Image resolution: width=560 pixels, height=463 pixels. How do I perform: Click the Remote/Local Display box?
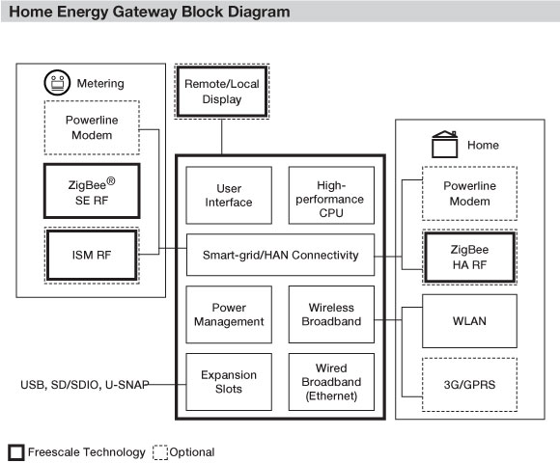pyautogui.click(x=222, y=92)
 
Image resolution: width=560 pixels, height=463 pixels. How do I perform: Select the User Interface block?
pyautogui.click(x=229, y=195)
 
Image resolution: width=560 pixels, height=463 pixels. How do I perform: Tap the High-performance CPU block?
pyautogui.click(x=331, y=195)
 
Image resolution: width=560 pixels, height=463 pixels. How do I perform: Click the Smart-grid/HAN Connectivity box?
pyautogui.click(x=280, y=255)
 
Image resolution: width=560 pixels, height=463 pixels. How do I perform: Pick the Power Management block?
pyautogui.click(x=229, y=314)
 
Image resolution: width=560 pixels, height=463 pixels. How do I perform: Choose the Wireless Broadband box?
pyautogui.click(x=331, y=314)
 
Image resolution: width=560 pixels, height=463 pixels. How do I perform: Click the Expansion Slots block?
pyautogui.click(x=229, y=382)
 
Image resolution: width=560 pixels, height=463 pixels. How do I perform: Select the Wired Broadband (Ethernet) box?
pyautogui.click(x=331, y=382)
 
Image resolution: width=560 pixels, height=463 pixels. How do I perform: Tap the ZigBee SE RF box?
pyautogui.click(x=92, y=191)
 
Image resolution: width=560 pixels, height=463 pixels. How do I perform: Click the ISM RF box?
pyautogui.click(x=92, y=255)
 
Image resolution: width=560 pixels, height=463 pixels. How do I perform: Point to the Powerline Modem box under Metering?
pyautogui.click(x=92, y=127)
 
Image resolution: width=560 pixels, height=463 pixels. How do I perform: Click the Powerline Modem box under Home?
pyautogui.click(x=469, y=193)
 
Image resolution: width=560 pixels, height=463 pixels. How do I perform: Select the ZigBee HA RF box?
pyautogui.click(x=469, y=257)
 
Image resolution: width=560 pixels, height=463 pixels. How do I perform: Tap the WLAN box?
pyautogui.click(x=469, y=320)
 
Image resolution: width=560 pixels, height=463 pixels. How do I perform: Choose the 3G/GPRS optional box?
pyautogui.click(x=469, y=385)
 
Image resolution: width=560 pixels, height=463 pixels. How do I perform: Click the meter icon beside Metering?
pyautogui.click(x=57, y=82)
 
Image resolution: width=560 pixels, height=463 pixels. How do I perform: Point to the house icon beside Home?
pyautogui.click(x=445, y=144)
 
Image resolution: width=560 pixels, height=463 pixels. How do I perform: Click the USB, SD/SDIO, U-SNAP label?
pyautogui.click(x=85, y=385)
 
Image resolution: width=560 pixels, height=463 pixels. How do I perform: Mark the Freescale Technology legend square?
pyautogui.click(x=16, y=452)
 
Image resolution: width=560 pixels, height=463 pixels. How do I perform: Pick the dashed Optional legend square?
pyautogui.click(x=160, y=452)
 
